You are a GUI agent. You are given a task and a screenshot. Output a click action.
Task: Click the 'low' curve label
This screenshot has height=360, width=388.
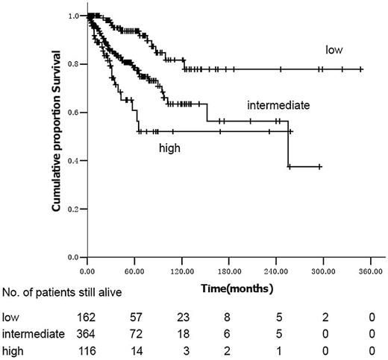333,49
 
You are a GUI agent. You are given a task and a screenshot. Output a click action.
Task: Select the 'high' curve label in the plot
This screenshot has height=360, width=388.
168,148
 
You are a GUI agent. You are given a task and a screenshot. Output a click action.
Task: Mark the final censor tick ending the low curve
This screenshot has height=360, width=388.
361,69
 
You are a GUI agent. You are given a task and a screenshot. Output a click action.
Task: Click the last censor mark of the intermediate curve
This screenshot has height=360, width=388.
320,167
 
